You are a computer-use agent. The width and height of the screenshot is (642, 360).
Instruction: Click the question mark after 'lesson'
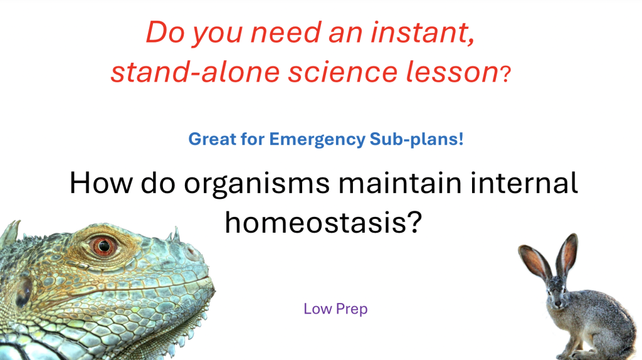(506, 75)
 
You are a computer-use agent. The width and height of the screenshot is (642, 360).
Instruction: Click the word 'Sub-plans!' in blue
(414, 139)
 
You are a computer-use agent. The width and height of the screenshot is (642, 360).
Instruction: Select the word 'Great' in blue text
(213, 139)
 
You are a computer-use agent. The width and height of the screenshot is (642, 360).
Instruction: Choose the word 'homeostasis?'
(322, 221)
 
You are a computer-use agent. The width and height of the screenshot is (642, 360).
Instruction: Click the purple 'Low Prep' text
(335, 309)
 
